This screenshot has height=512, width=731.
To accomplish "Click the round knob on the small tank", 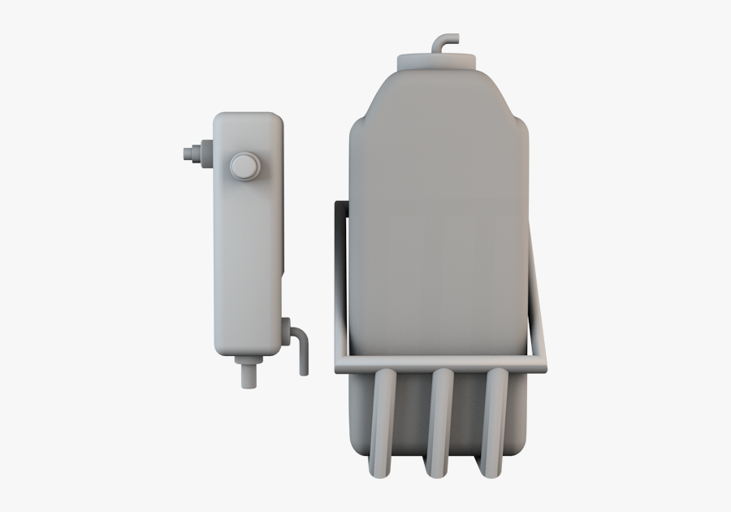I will pyautogui.click(x=244, y=166).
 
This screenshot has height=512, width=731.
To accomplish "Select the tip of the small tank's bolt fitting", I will pyautogui.click(x=184, y=152).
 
